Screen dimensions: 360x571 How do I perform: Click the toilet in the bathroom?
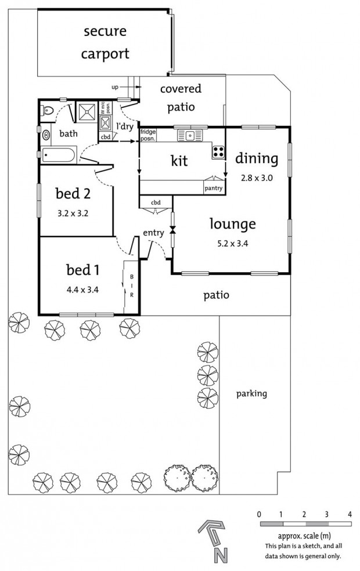46,110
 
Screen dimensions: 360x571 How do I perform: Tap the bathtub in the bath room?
58,155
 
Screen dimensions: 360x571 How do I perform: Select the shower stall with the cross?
88,111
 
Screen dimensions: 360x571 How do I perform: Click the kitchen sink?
189,135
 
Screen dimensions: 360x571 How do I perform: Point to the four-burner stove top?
218,152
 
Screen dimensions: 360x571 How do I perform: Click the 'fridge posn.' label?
148,135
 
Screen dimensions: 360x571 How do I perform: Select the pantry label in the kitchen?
214,188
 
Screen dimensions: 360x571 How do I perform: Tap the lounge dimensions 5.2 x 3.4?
232,244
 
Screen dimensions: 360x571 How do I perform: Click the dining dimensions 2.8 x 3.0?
257,178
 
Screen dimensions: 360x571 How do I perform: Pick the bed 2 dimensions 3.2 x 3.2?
73,214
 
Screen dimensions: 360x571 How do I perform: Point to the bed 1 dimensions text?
82,290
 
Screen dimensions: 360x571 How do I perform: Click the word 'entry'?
153,233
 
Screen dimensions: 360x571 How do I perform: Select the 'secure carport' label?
105,42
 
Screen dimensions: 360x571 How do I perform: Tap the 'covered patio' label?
181,98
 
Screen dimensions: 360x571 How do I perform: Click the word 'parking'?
251,393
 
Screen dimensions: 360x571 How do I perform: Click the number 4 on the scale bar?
350,514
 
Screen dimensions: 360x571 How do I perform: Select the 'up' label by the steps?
115,88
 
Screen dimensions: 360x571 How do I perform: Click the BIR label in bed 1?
132,286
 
